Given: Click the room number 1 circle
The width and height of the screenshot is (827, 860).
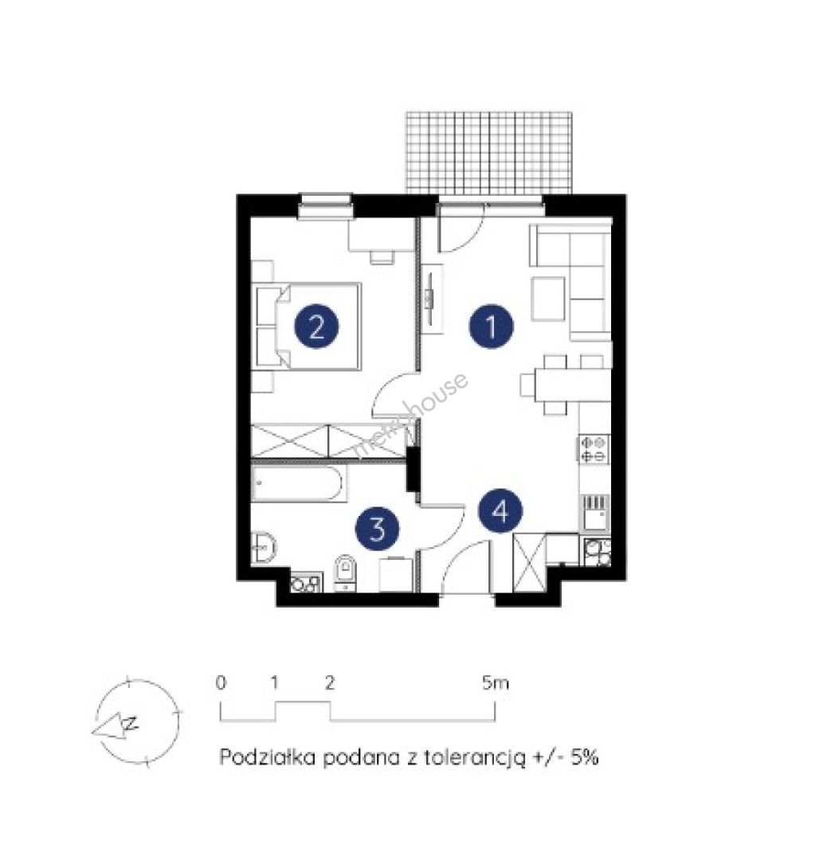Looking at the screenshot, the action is point(491,326).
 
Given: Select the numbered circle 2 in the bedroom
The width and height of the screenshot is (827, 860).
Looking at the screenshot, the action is point(316,327).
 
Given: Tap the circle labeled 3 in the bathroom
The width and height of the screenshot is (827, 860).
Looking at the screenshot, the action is point(377,529).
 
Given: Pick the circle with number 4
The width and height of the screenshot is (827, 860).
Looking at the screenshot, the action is point(500,511).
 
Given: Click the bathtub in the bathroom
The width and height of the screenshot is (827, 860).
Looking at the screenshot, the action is point(299,483).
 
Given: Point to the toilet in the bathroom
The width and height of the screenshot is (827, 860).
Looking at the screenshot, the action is point(345,573).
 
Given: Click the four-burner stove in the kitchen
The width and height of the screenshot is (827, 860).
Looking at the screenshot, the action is point(594,448).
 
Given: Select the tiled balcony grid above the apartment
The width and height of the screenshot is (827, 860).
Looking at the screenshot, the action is point(488,153).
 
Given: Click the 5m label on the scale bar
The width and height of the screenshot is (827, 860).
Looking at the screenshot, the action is point(496,683).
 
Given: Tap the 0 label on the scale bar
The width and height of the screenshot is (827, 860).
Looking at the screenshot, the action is point(221,683).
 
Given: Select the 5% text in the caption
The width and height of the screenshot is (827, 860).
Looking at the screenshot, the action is point(584,757).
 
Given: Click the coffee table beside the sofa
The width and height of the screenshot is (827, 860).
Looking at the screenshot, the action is point(548,299).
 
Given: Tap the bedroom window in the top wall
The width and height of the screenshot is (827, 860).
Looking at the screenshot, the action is point(325,206).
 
